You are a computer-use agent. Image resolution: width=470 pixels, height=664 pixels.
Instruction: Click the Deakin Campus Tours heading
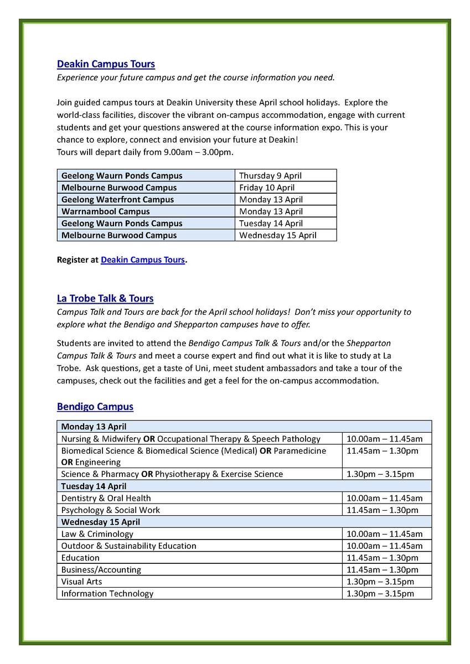(x=106, y=64)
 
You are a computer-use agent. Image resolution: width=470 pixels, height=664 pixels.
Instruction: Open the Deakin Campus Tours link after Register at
(x=142, y=260)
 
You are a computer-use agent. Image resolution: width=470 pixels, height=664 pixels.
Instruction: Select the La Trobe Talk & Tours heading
(x=105, y=299)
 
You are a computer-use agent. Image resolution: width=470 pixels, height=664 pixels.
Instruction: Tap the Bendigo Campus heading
(x=95, y=407)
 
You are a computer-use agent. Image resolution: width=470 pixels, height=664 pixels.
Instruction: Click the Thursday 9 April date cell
(x=270, y=175)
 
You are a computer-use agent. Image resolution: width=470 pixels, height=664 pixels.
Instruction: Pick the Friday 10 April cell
(x=267, y=188)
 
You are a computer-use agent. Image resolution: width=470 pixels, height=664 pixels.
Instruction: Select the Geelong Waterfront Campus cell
(x=117, y=199)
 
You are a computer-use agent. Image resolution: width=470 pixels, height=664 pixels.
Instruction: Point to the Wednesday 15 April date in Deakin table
(x=277, y=235)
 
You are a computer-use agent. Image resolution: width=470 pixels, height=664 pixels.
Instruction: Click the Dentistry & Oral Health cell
(x=106, y=498)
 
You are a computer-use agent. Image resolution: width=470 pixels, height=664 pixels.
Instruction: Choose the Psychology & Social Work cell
(x=110, y=510)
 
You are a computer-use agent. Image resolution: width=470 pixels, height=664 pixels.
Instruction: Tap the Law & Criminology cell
(x=97, y=534)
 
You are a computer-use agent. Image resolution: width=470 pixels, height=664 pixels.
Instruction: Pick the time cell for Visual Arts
(x=380, y=582)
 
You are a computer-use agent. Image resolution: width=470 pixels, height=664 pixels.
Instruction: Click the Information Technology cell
(x=107, y=594)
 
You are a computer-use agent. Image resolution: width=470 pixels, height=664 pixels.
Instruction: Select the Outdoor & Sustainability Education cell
(x=128, y=546)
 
